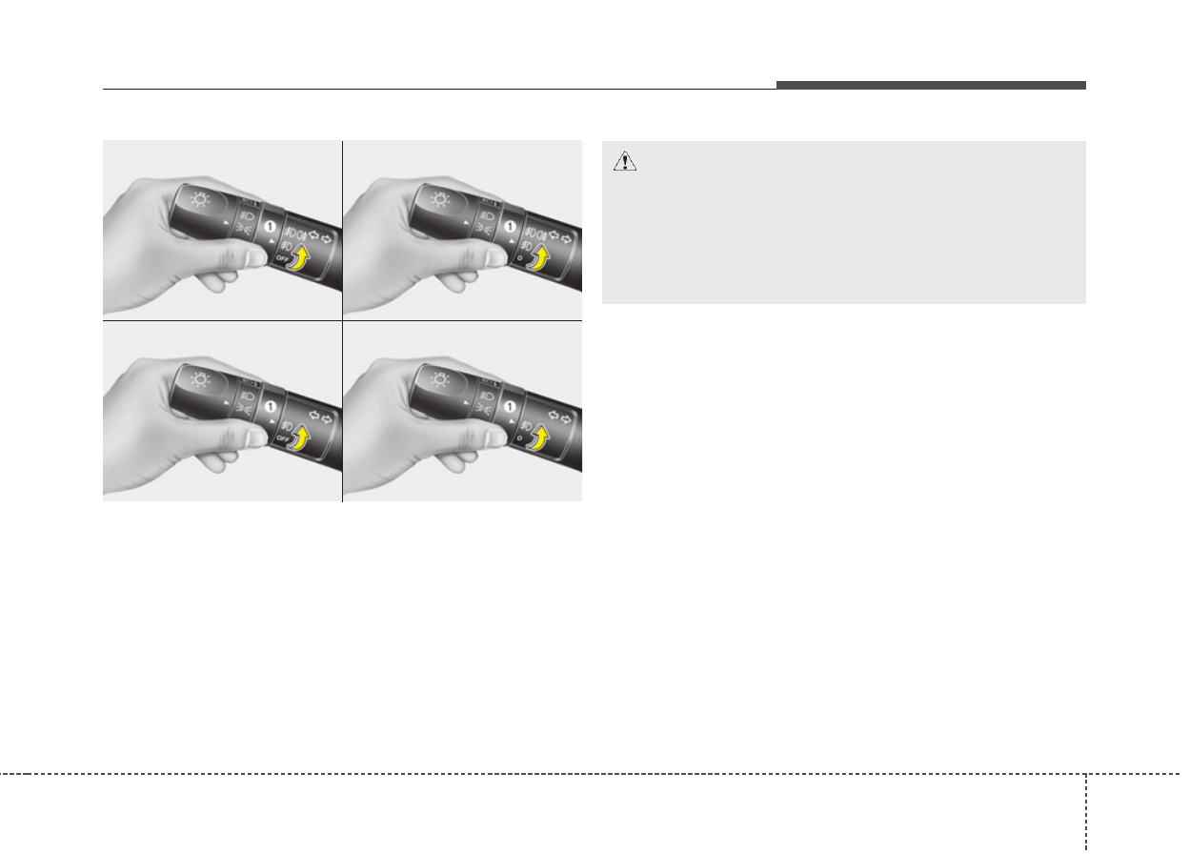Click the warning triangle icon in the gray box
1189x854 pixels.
(x=625, y=161)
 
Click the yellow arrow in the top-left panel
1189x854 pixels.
(x=300, y=257)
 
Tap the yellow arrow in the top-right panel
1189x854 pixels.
(x=539, y=258)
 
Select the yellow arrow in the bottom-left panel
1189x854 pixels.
(x=300, y=437)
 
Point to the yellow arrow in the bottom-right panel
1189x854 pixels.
(x=539, y=438)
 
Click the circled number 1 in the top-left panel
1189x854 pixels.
(x=271, y=227)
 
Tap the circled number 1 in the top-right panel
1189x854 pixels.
(x=510, y=227)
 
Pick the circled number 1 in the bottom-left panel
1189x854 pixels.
(x=271, y=407)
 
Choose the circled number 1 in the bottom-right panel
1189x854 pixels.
(x=510, y=407)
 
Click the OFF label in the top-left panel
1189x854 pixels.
(x=282, y=259)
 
